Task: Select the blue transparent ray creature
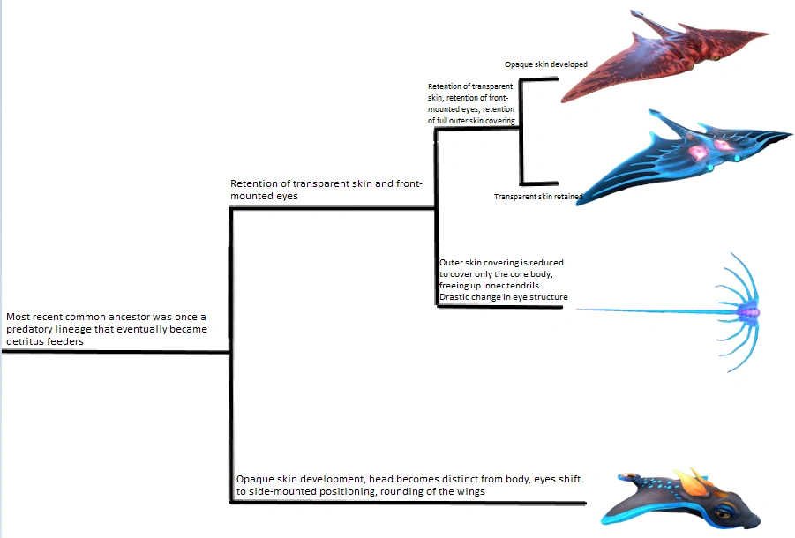[x=679, y=154]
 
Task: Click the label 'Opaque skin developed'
[x=545, y=64]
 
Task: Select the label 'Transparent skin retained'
[x=537, y=197]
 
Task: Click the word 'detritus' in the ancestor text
[x=30, y=341]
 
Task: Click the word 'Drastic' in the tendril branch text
[x=456, y=297]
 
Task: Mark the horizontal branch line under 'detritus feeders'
[x=115, y=351]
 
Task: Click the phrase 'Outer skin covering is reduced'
[x=501, y=263]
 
